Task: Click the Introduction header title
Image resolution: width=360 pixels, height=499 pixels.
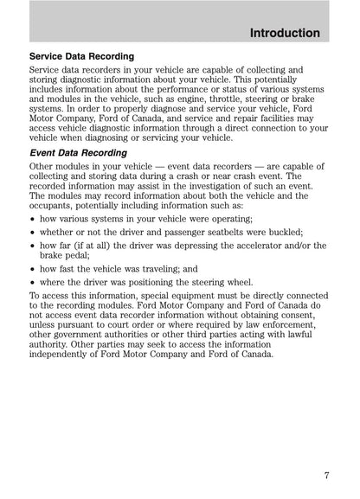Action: click(x=284, y=33)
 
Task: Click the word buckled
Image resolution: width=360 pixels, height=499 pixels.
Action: click(x=281, y=233)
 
